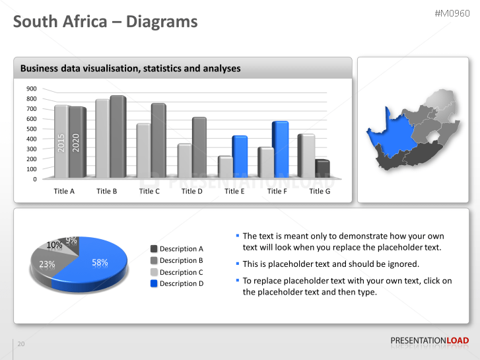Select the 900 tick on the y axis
click(31, 89)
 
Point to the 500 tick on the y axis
click(31, 129)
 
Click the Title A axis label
click(64, 192)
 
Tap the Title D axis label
click(192, 192)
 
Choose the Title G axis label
click(320, 192)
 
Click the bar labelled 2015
click(61, 142)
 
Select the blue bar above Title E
click(239, 157)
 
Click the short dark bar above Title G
click(322, 169)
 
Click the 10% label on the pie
click(54, 245)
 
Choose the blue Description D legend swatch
click(154, 283)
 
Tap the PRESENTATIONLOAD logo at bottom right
click(429, 341)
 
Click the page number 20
click(21, 344)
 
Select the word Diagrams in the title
click(162, 22)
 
